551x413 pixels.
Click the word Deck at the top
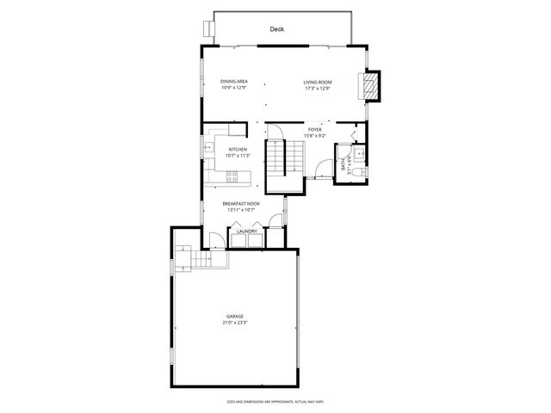coord(276,29)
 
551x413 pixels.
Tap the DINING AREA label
coord(234,82)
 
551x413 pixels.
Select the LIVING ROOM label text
coord(318,82)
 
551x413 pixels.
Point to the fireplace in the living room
coord(370,85)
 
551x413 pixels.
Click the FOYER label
coord(315,129)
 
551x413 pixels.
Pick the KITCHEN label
coord(237,149)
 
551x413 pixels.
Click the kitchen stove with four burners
coord(232,177)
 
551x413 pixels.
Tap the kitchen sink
coord(208,148)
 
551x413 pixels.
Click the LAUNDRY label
coord(248,231)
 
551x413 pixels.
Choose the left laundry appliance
coord(237,240)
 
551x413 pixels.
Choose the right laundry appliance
coord(256,240)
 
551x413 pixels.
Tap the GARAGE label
coord(235,317)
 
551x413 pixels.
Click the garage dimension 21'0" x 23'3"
coord(235,323)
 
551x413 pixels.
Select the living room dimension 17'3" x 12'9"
coord(318,88)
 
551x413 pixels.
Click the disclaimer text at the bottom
coord(275,401)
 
